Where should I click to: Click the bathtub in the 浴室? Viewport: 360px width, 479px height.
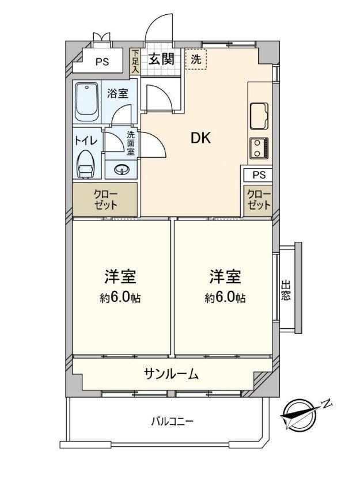(87, 102)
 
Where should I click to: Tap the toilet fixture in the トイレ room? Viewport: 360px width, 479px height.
(86, 164)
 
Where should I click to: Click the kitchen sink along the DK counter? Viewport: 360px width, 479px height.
(259, 116)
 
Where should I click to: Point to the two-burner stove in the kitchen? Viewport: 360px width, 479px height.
(259, 148)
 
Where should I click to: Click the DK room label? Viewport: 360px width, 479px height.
(200, 139)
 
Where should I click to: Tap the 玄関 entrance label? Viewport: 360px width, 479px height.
(161, 58)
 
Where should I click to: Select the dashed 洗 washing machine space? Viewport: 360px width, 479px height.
(196, 59)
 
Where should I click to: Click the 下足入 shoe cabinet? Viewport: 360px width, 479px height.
(134, 62)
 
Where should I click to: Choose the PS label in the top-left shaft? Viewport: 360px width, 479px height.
(103, 62)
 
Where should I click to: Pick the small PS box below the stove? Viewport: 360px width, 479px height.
(259, 175)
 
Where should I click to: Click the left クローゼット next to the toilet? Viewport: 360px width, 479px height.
(105, 199)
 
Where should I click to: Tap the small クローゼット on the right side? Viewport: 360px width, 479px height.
(258, 200)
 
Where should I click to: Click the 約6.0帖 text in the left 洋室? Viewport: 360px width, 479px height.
(120, 297)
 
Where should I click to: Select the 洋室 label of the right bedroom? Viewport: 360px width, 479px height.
(225, 277)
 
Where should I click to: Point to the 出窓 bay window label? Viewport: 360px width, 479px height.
(286, 291)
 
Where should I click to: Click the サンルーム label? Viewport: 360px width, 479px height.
(172, 373)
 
